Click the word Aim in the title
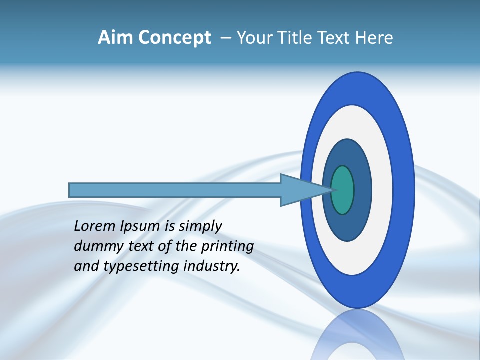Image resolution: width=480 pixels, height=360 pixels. pyautogui.click(x=115, y=38)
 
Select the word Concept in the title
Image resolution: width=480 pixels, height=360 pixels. pyautogui.click(x=174, y=38)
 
